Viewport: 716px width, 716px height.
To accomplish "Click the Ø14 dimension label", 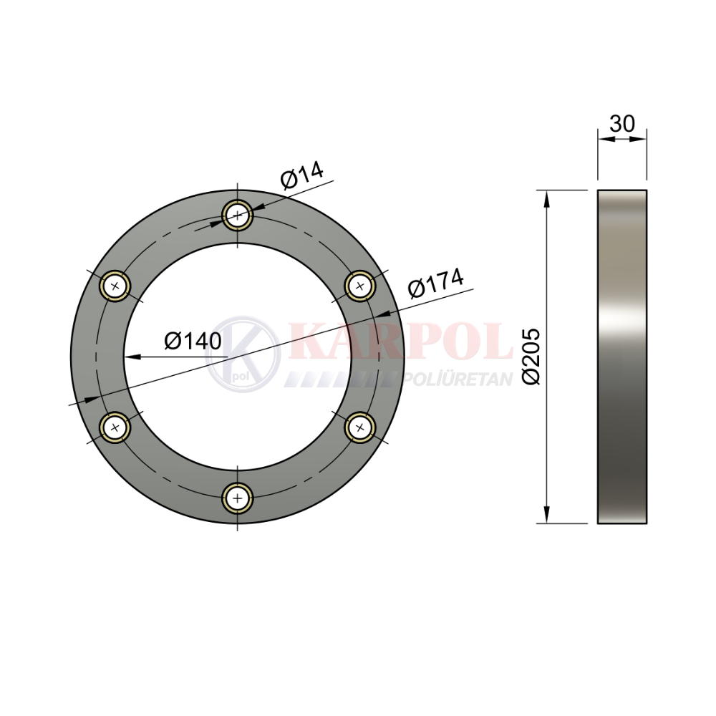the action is (302, 175).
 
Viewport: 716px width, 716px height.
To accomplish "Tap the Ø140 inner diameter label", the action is (193, 341).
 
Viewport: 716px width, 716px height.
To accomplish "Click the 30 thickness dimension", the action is (622, 123).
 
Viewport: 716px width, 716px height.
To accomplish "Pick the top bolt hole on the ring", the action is (238, 215).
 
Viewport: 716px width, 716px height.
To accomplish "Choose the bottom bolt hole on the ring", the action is (238, 498).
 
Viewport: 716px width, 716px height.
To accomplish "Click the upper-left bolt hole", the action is (115, 286).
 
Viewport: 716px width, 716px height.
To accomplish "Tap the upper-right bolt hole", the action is (360, 286).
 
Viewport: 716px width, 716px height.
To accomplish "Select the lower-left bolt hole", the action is (115, 427).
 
